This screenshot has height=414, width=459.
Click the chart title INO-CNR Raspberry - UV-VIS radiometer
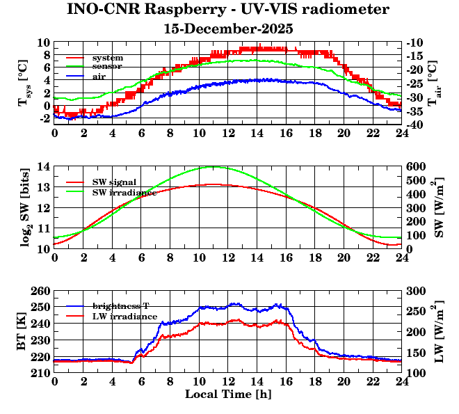pyautogui.click(x=228, y=10)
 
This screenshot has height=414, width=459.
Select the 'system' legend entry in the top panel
pyautogui.click(x=108, y=57)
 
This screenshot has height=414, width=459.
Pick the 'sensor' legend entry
pyautogui.click(x=107, y=66)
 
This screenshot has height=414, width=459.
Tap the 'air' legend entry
pyautogui.click(x=99, y=76)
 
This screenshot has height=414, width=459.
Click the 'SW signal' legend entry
pyautogui.click(x=116, y=182)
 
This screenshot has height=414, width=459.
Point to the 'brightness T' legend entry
pyautogui.click(x=122, y=306)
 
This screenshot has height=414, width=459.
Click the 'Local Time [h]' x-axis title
pyautogui.click(x=228, y=395)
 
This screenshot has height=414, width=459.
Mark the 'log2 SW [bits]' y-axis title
pyautogui.click(x=25, y=207)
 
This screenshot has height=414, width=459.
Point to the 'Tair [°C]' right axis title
pyautogui.click(x=432, y=83)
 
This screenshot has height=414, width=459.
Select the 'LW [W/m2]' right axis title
pyautogui.click(x=435, y=331)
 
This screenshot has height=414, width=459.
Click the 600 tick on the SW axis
pyautogui.click(x=416, y=166)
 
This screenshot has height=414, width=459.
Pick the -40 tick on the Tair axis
pyautogui.click(x=414, y=125)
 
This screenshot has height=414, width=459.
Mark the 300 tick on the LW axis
pyautogui.click(x=416, y=291)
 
